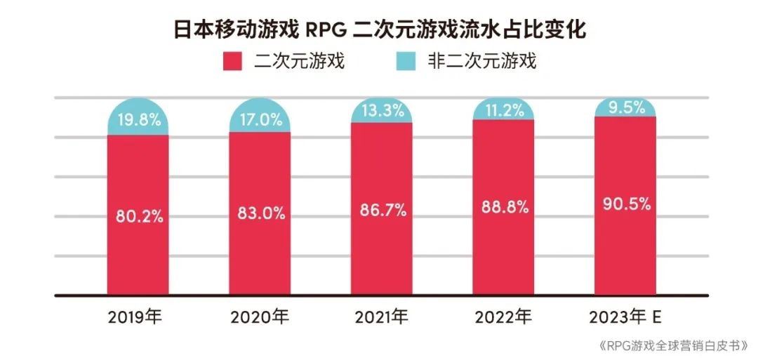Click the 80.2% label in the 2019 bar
click(139, 216)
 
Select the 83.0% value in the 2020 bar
click(260, 214)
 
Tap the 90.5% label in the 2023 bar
click(625, 204)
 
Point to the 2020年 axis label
click(259, 318)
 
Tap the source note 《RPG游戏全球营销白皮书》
click(672, 346)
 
